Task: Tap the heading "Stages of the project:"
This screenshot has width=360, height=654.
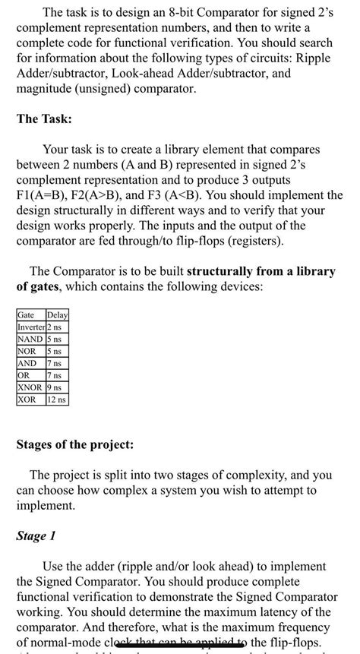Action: point(75,444)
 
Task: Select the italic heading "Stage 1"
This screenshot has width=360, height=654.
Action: point(36,536)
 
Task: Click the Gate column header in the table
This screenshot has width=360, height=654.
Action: point(29,315)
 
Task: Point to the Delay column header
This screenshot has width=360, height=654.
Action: point(58,315)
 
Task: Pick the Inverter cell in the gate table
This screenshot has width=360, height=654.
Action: point(31,327)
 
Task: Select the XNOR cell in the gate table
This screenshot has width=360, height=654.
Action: point(31,387)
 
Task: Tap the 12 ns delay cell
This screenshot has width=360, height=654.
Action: point(57,399)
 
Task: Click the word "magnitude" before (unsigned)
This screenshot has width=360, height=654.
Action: point(49,89)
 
